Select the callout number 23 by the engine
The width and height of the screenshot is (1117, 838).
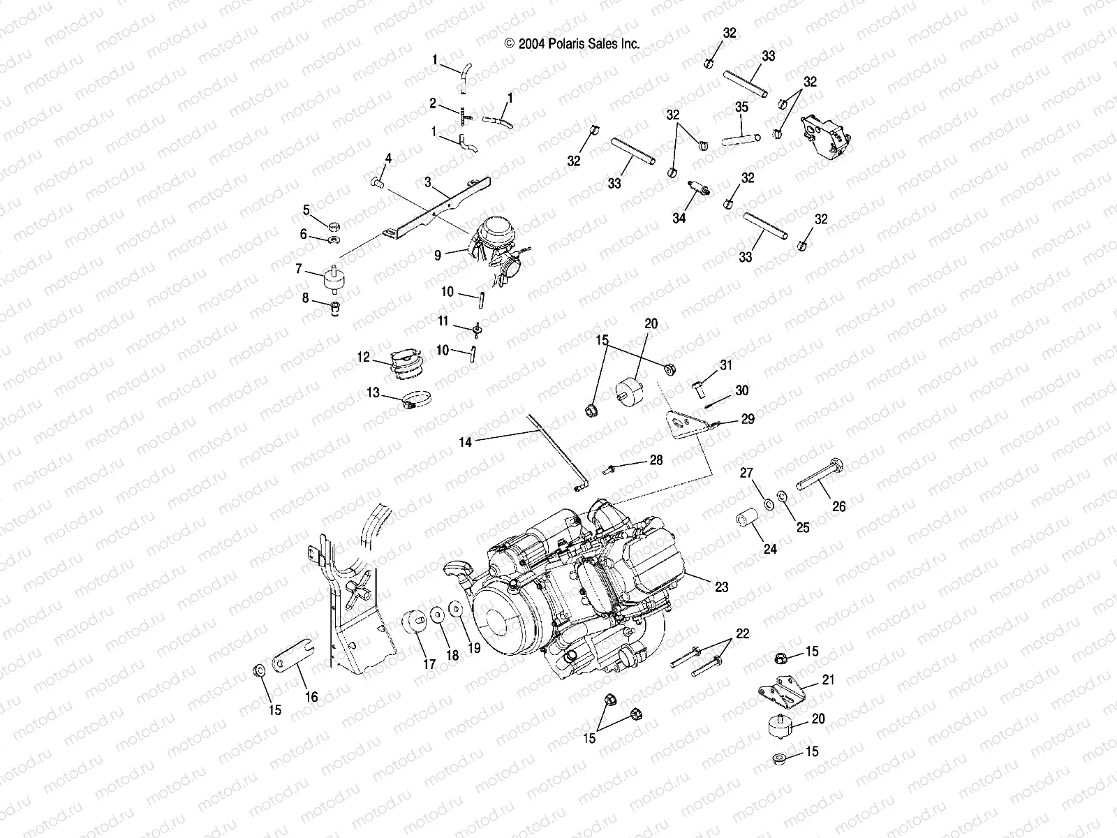(721, 587)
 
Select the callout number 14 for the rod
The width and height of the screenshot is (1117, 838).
(466, 441)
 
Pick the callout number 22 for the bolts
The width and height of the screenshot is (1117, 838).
(741, 633)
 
